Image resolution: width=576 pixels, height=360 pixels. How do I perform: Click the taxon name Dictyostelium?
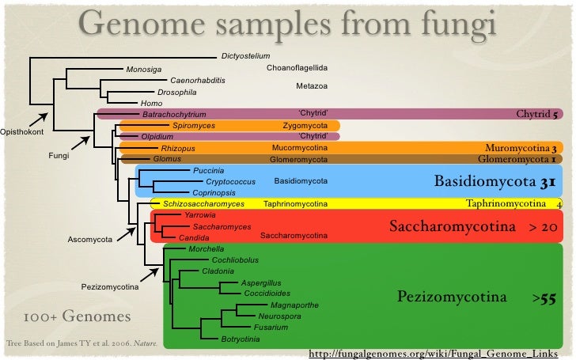point(246,55)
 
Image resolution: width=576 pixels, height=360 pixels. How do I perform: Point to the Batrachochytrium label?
point(174,115)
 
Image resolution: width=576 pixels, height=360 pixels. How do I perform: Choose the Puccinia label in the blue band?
point(209,171)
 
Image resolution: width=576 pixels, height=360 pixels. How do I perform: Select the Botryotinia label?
point(241,339)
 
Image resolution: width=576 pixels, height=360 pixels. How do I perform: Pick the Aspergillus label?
point(261,282)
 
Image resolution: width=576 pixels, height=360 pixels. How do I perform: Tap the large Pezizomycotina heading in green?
point(451,297)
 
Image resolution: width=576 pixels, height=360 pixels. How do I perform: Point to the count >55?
point(544,299)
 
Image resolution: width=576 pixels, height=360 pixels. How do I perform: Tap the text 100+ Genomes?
point(77,317)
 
